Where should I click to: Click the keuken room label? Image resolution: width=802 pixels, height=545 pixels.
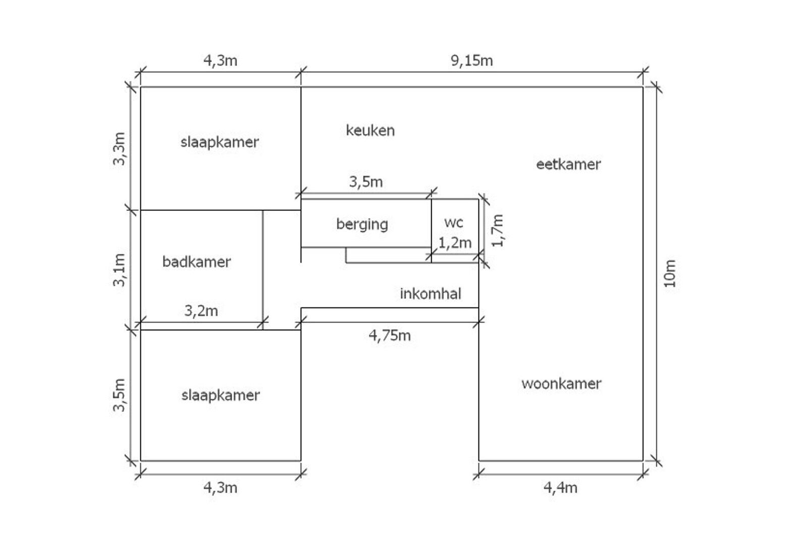click(x=370, y=130)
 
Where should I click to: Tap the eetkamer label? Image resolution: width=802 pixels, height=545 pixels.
click(x=568, y=165)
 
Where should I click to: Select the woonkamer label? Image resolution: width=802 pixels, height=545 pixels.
click(x=561, y=384)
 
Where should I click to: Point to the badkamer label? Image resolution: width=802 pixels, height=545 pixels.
click(x=196, y=262)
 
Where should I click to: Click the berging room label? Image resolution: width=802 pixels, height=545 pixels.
click(x=362, y=225)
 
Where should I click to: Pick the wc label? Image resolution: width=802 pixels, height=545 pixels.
click(x=454, y=223)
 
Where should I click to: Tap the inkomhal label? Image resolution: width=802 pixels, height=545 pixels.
click(x=431, y=294)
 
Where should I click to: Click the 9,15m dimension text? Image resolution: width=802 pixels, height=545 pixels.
click(x=471, y=61)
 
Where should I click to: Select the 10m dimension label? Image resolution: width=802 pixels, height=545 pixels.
click(x=670, y=274)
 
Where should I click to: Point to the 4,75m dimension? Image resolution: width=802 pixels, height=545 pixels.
click(x=390, y=336)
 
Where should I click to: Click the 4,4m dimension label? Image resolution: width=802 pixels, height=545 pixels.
click(x=560, y=487)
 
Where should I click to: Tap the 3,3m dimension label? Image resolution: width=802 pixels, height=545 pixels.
click(x=119, y=148)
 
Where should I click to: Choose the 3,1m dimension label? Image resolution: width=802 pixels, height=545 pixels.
click(x=119, y=270)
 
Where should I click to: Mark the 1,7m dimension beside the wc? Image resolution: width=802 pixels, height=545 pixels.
click(x=498, y=231)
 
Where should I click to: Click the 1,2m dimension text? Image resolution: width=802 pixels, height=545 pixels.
click(x=455, y=243)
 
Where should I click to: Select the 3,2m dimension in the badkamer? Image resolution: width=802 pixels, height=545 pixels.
click(x=201, y=311)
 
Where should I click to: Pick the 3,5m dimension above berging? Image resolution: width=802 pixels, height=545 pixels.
click(x=366, y=182)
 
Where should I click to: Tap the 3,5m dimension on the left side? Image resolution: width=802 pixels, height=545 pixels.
click(x=119, y=395)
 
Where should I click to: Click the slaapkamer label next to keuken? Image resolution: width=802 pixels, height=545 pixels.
click(x=220, y=142)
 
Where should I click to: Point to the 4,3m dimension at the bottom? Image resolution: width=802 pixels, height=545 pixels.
click(x=220, y=487)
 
